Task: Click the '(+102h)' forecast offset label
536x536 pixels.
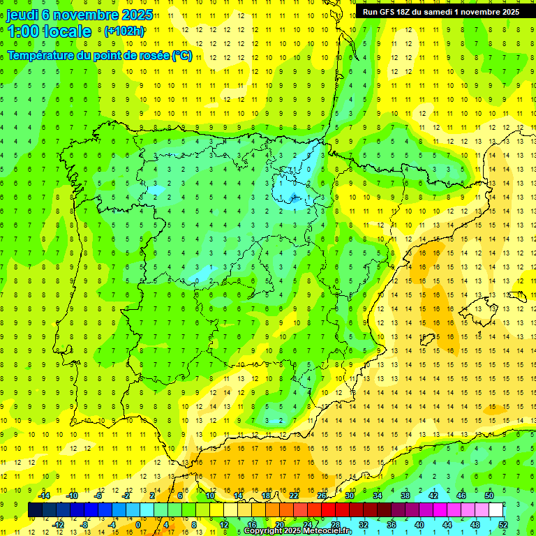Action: point(124,31)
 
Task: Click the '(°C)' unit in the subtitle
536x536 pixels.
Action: point(182,56)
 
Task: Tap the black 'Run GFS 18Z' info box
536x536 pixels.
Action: point(440,12)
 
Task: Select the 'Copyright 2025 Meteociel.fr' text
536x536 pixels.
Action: point(297,531)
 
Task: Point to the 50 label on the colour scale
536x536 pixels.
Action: point(489,496)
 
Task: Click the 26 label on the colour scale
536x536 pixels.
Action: point(322,496)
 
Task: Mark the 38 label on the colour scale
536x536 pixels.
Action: point(405,496)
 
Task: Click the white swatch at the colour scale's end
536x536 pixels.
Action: point(496,509)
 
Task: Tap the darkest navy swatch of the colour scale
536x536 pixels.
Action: point(35,509)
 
